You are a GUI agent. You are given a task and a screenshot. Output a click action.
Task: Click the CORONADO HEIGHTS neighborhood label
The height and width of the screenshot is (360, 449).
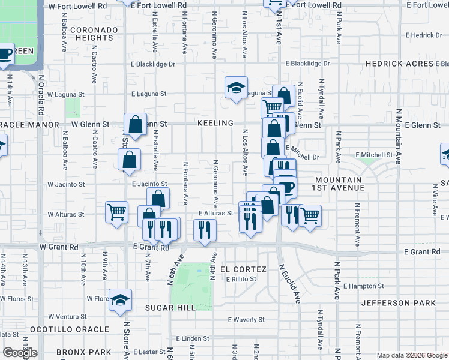(x=94, y=34)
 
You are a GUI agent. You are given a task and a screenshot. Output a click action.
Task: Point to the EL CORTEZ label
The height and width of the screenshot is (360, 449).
(x=240, y=269)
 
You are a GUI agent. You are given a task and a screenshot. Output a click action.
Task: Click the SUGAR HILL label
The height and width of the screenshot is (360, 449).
(x=170, y=307)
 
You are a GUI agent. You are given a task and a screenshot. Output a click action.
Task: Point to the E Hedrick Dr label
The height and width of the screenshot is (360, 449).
(x=423, y=35)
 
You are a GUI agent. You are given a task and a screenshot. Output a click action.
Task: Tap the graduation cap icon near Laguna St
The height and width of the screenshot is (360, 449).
(x=236, y=88)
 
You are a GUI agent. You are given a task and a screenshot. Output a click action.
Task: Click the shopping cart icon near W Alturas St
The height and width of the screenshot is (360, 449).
(x=116, y=212)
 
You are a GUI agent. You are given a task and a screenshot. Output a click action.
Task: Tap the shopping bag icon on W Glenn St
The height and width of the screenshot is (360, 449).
(x=136, y=124)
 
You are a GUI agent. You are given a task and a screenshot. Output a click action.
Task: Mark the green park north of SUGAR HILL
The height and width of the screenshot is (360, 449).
(x=191, y=286)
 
